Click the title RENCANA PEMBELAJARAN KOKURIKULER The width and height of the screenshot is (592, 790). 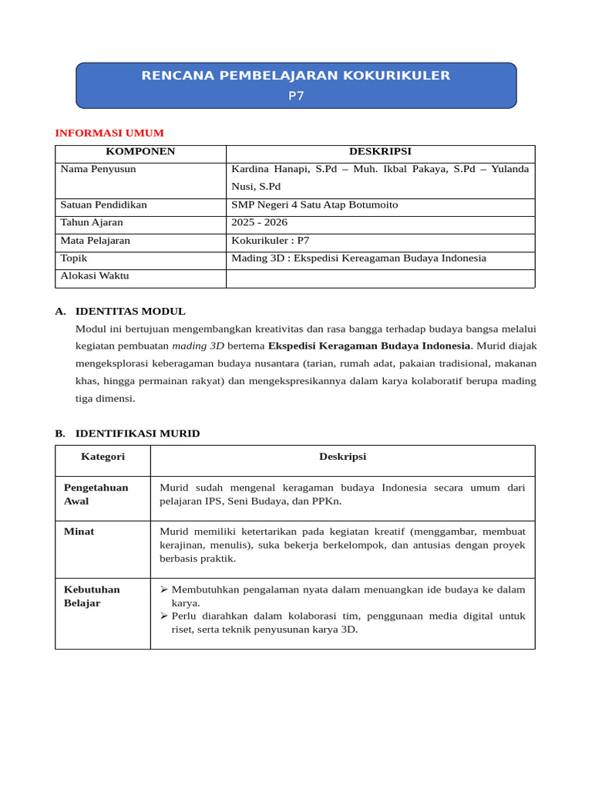pos(296,76)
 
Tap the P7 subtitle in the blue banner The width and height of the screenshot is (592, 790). pos(296,96)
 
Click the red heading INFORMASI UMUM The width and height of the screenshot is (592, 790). pos(109,133)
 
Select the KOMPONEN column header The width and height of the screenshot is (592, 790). pos(140,152)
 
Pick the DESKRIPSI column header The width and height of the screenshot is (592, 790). pos(380,152)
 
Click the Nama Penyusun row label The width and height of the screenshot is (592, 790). pos(98,169)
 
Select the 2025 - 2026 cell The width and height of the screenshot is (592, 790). pos(259,223)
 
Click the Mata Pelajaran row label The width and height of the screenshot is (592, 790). pos(95,241)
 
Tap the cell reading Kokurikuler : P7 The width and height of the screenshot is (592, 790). pos(270,241)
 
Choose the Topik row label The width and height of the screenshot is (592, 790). pos(74,258)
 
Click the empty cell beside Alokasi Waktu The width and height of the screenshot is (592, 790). pos(380,278)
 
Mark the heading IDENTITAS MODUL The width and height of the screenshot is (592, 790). pos(130,312)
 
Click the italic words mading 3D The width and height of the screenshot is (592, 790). pos(198,346)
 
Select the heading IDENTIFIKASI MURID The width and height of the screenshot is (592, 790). pos(137,434)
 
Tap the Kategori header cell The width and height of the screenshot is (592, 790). pos(103,457)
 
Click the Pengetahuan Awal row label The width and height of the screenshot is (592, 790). pos(96,495)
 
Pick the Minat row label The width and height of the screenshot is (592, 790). pos(79,532)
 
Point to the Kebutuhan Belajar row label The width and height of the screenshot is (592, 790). pos(92,596)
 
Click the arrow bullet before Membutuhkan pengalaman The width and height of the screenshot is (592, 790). pos(163,589)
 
